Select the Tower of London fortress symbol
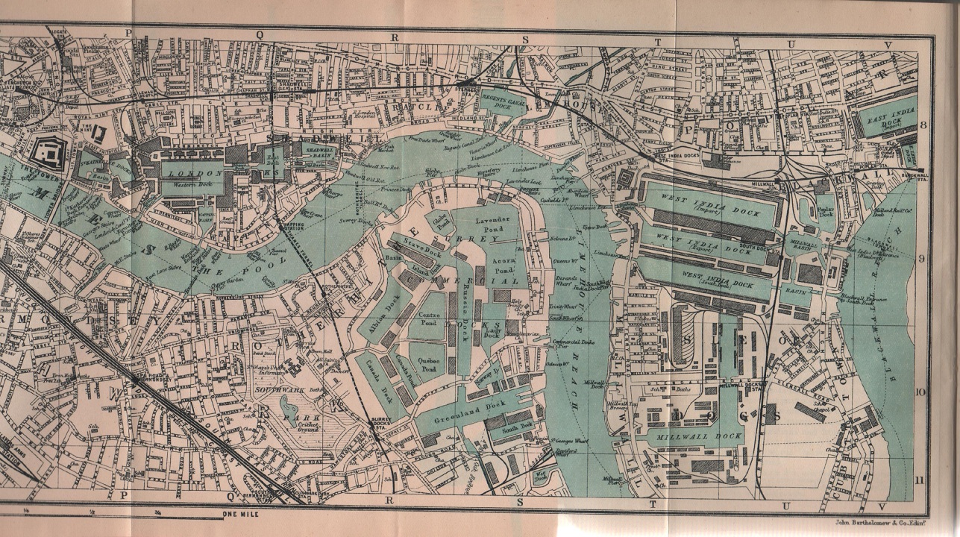50,154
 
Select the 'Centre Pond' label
430,321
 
